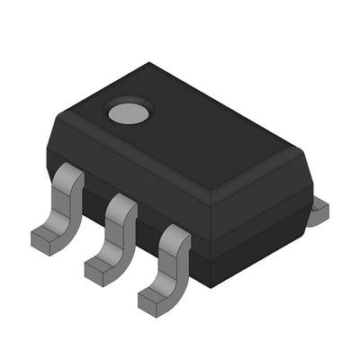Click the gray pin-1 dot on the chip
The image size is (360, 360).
click(x=120, y=112)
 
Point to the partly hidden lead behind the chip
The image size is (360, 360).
click(x=319, y=211)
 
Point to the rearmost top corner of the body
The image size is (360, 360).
click(x=149, y=63)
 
